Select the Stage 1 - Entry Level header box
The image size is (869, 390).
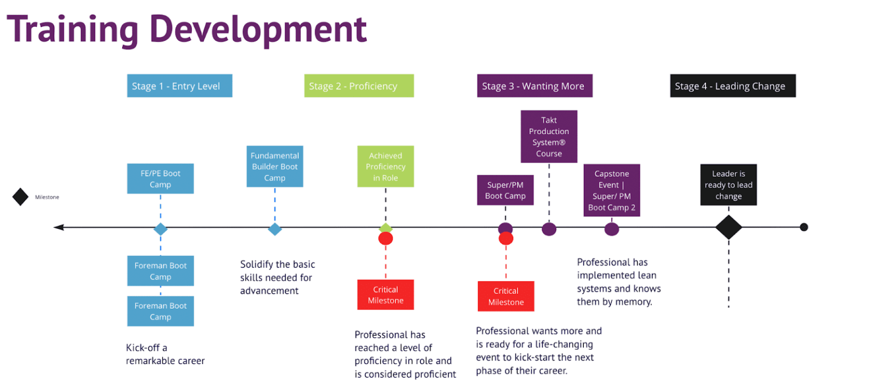179,86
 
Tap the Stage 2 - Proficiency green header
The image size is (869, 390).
359,86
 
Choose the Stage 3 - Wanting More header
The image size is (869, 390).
534,86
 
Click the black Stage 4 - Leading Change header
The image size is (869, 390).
733,86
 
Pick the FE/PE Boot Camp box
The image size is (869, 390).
161,179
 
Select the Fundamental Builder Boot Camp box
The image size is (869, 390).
275,166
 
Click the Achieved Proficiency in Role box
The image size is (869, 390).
385,166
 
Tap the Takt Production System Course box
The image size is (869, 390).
549,136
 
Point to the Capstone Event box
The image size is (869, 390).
612,190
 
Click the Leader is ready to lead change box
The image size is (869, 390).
728,185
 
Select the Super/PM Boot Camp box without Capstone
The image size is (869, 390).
505,190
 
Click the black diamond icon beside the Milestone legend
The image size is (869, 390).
20,197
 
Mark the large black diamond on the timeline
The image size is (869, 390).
728,228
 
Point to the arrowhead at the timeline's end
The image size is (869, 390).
58,228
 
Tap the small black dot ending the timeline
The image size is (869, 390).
804,228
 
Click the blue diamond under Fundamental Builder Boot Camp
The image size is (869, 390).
275,229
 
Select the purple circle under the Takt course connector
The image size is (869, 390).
549,229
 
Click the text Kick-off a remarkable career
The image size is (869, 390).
165,354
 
